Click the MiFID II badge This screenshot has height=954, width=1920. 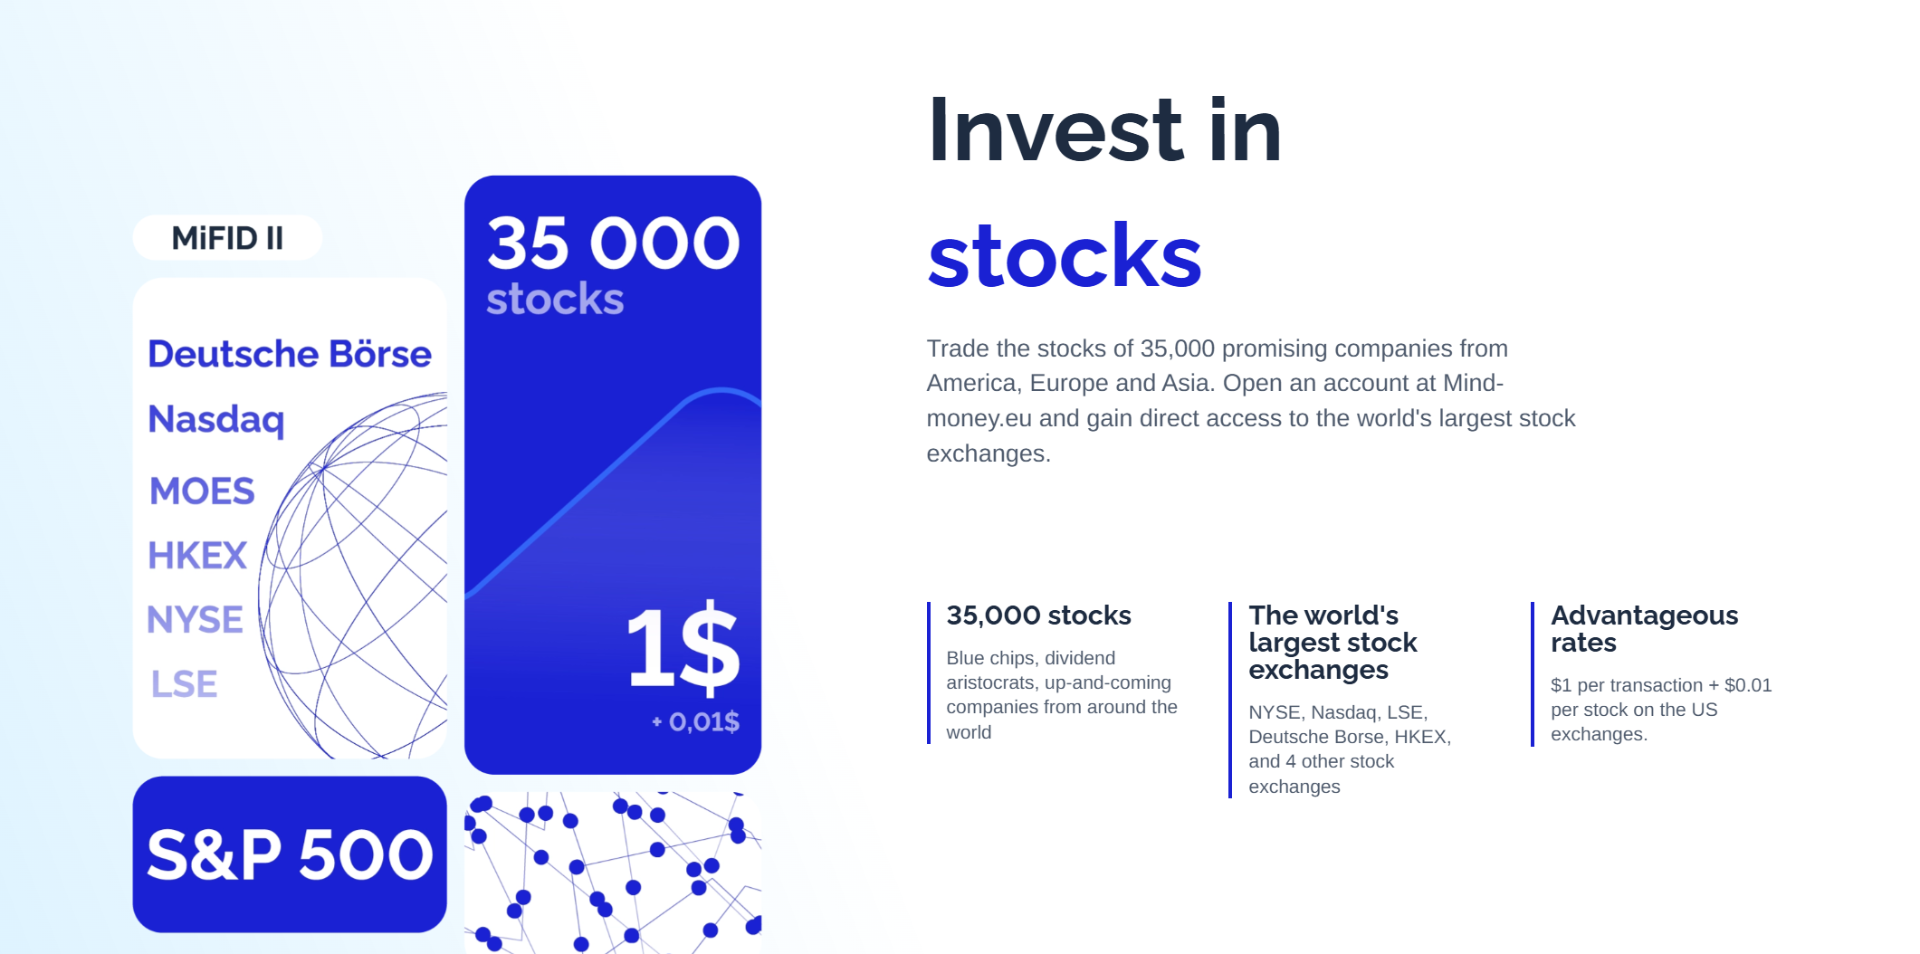(227, 238)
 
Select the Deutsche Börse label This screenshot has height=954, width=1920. (290, 354)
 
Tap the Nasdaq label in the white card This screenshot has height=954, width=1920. (216, 420)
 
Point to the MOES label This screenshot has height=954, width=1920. (202, 491)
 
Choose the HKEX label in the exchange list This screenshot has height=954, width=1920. (197, 555)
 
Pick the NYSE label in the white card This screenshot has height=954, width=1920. (195, 619)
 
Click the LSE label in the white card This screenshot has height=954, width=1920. (184, 683)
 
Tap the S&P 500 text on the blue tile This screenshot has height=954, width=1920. (290, 854)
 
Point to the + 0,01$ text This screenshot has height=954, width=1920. (695, 721)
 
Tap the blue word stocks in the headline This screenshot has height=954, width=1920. (1065, 257)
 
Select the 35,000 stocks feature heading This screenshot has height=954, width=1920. (1039, 615)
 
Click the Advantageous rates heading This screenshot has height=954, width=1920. (1645, 629)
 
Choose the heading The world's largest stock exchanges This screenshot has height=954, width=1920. (1333, 643)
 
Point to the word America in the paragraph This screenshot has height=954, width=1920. (971, 384)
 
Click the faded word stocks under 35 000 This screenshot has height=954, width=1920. (555, 300)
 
